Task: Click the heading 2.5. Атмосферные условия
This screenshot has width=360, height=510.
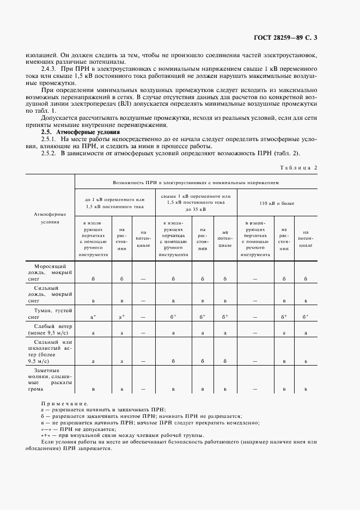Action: (77, 132)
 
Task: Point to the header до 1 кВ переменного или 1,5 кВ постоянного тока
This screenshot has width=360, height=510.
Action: (115, 203)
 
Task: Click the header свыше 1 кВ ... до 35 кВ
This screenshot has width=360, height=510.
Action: (196, 203)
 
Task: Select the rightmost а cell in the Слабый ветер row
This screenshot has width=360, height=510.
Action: (306, 332)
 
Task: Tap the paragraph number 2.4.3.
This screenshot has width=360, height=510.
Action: (51, 70)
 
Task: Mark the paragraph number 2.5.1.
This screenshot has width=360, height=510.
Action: (51, 140)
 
